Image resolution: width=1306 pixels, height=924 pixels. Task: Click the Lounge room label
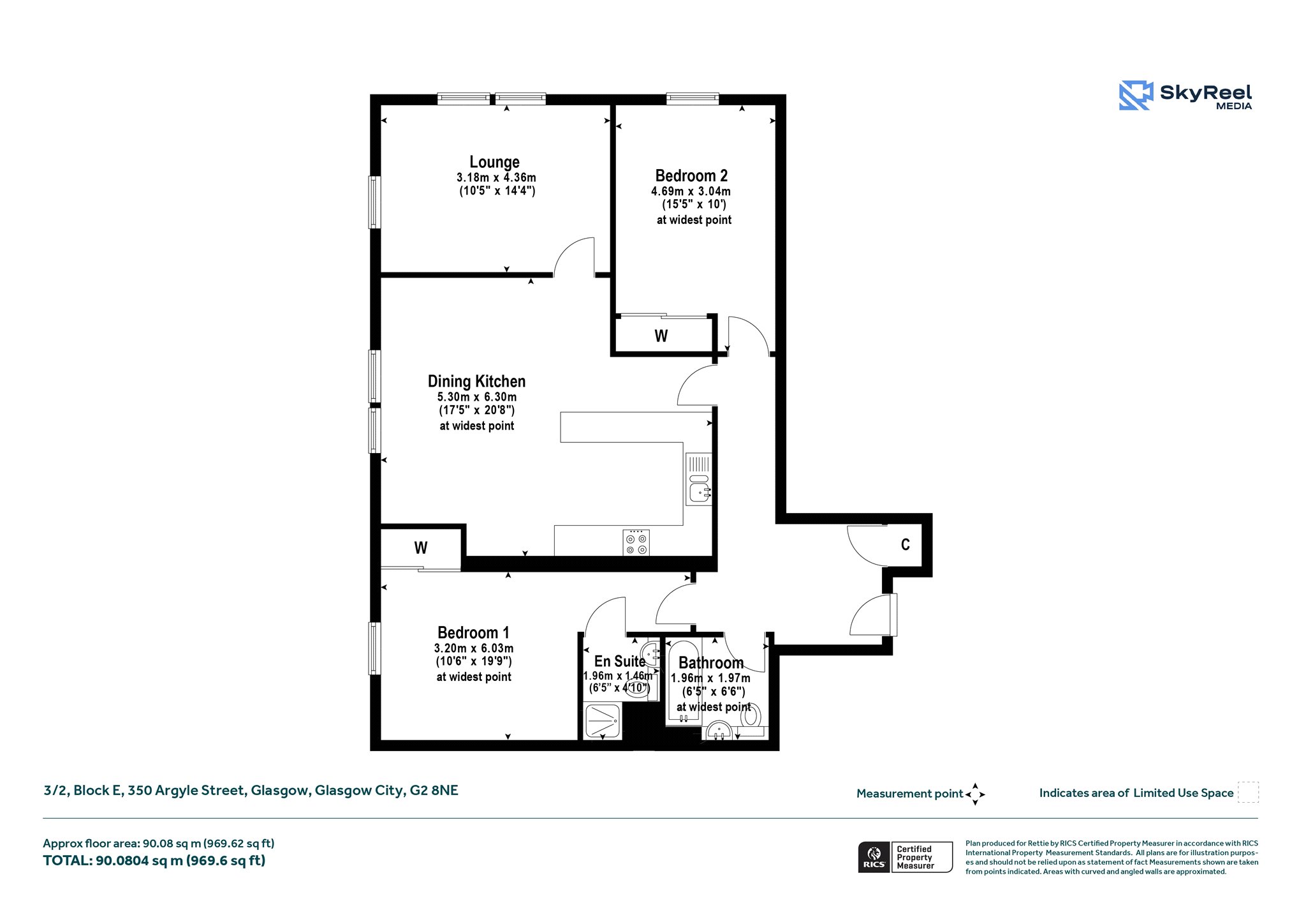(494, 162)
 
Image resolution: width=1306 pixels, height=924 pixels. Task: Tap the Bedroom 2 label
(691, 175)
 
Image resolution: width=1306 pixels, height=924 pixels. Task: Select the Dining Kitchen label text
(476, 382)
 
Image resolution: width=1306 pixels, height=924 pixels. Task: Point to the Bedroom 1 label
(473, 633)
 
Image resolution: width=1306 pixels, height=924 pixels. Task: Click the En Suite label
(619, 662)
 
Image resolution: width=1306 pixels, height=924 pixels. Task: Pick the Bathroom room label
(711, 663)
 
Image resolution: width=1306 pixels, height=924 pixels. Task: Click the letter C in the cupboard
(906, 544)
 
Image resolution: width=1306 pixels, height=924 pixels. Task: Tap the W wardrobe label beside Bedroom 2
(661, 336)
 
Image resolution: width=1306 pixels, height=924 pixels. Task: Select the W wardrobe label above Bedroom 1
(421, 548)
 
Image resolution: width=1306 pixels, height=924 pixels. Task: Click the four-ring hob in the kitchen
(636, 542)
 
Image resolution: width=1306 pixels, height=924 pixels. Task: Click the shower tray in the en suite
(602, 720)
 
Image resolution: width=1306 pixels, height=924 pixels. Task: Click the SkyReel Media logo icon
(1136, 96)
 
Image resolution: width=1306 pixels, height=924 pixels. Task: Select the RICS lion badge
(874, 857)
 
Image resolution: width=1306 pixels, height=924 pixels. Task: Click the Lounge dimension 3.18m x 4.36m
(496, 177)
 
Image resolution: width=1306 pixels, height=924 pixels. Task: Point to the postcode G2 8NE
(434, 791)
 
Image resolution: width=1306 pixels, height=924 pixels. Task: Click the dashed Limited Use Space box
(1248, 793)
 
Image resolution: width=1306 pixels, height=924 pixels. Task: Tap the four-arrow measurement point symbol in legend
(975, 794)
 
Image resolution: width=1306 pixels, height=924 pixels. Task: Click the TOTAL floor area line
(154, 861)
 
